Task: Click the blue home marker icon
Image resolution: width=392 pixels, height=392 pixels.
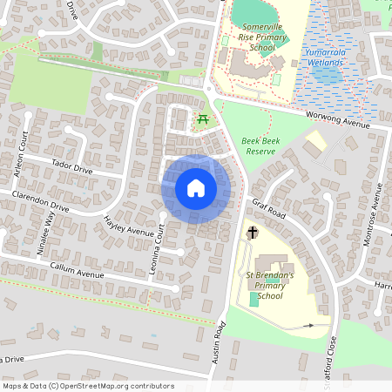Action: pos(196,189)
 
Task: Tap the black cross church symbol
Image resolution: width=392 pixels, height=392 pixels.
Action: pos(253,233)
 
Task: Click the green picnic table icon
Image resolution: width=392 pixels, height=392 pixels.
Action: pos(202,118)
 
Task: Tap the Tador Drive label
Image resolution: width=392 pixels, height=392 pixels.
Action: pos(71,166)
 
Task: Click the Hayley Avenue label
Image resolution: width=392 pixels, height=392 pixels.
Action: pos(128,229)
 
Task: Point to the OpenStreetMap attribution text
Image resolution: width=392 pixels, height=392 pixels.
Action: pos(88,386)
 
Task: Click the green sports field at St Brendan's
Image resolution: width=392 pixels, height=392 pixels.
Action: pos(253,299)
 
